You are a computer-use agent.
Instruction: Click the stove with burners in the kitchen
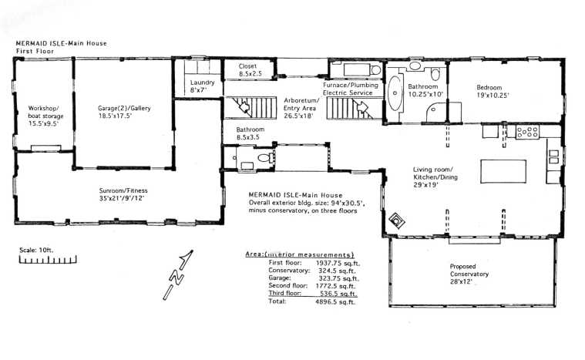pos(527,132)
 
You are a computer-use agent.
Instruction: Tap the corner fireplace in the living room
pos(398,220)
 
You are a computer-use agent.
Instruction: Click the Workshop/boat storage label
pos(44,114)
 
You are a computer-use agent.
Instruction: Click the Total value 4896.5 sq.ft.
pos(336,301)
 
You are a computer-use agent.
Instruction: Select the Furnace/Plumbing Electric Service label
pos(352,88)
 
